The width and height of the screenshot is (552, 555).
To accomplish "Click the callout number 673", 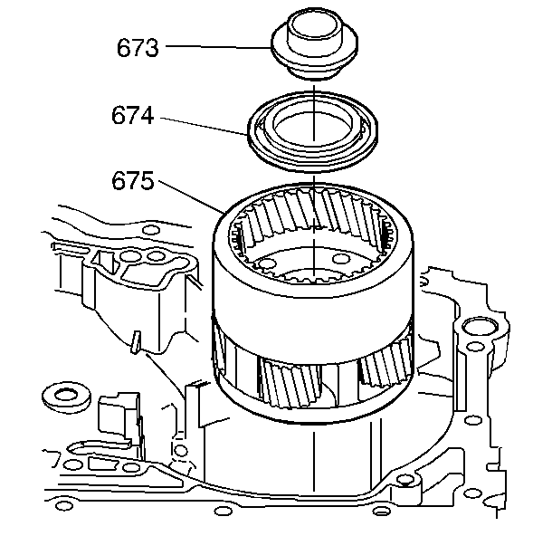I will (138, 47).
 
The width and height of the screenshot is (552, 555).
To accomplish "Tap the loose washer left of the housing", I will (64, 396).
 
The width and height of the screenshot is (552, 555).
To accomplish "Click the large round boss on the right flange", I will (477, 331).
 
